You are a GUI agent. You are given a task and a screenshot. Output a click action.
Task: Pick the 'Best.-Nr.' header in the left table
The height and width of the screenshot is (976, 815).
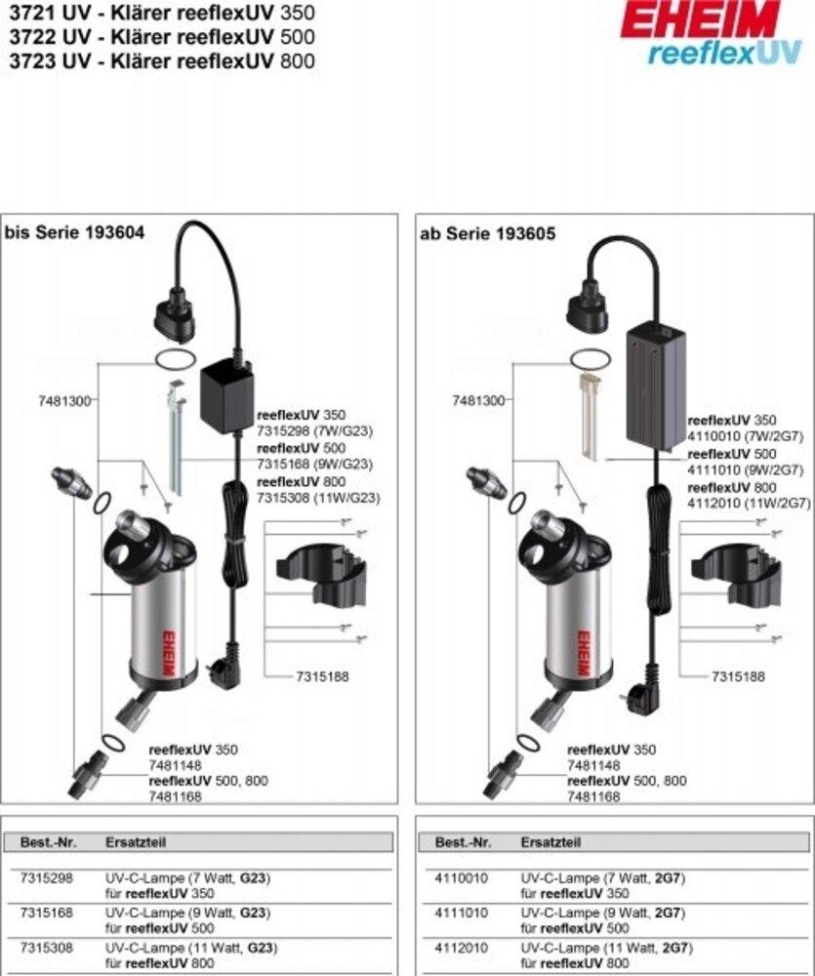tap(48, 841)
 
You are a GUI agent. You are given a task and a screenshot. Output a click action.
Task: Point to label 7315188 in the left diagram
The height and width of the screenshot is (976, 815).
tap(322, 676)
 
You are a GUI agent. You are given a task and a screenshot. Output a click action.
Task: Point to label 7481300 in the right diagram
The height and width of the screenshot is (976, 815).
tap(478, 401)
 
